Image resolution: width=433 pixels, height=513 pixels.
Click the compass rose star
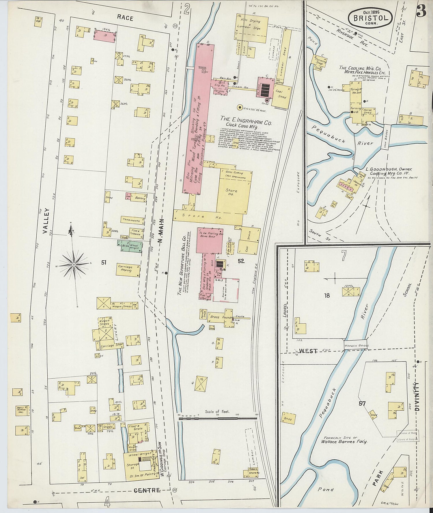click(x=74, y=264)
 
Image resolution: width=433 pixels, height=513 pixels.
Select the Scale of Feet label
click(x=217, y=411)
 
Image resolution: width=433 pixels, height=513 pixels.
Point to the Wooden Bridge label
click(x=356, y=345)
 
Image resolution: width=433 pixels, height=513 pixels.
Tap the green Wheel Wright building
click(x=130, y=247)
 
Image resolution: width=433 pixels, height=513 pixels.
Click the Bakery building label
click(x=140, y=198)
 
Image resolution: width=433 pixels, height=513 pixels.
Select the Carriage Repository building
click(x=128, y=269)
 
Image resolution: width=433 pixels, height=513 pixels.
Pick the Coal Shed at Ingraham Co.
click(x=282, y=95)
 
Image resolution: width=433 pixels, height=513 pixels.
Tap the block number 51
click(x=104, y=262)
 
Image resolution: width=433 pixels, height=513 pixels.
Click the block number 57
click(x=362, y=403)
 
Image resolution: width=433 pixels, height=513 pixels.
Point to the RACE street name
click(x=125, y=18)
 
